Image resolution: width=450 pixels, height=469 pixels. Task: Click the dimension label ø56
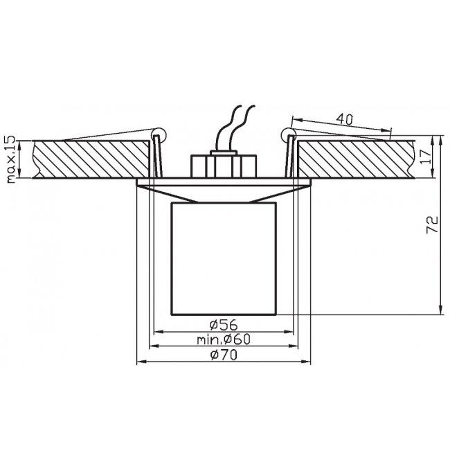224,325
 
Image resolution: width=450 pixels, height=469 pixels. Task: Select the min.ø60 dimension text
224,339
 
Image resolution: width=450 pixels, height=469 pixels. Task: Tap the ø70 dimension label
224,355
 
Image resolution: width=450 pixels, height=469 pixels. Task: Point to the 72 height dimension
433,224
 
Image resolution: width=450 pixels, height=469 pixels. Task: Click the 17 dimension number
426,157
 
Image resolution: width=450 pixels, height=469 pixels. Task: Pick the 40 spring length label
345,119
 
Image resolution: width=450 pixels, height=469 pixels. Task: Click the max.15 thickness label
10,159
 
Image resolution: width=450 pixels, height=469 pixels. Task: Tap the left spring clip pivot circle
159,134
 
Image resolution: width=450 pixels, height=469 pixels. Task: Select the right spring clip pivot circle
289,134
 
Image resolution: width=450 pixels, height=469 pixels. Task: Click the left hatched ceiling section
91,159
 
